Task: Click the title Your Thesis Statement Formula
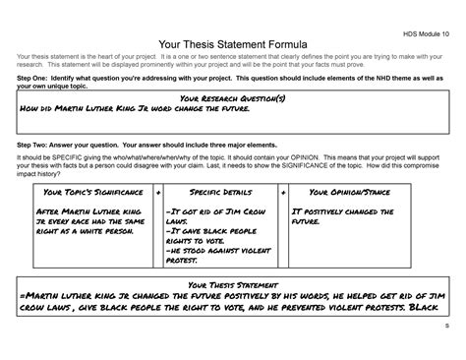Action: (232, 42)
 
